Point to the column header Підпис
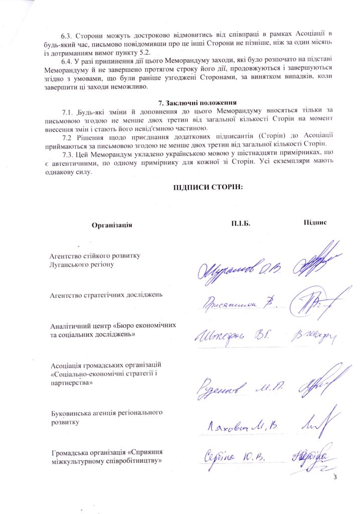315,222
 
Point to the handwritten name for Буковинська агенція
241,427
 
